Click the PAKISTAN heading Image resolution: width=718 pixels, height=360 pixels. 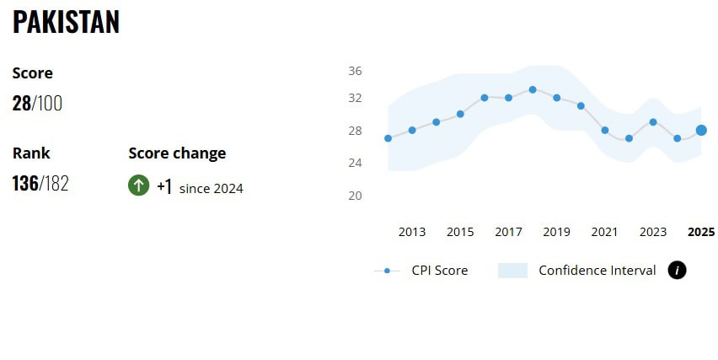[x=66, y=23]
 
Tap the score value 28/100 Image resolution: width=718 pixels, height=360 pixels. [x=37, y=104]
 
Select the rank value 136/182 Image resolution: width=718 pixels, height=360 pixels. [x=40, y=183]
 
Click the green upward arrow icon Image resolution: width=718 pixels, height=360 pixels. [x=138, y=185]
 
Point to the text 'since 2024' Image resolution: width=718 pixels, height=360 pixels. [x=211, y=189]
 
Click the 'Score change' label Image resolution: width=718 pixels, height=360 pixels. [x=177, y=153]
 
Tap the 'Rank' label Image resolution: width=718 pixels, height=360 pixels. [x=31, y=153]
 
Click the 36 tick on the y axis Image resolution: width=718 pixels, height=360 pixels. [x=355, y=71]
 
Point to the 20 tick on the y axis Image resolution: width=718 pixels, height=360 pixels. [x=355, y=196]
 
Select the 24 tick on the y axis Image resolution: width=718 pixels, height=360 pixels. [x=355, y=162]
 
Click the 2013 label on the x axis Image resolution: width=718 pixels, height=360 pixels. [x=412, y=232]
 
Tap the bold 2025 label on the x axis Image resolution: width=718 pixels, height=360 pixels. [x=701, y=232]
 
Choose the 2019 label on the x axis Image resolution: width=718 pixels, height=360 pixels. [x=556, y=232]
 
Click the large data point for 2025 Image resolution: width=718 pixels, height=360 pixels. [x=701, y=130]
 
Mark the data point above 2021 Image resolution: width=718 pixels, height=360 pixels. [x=605, y=130]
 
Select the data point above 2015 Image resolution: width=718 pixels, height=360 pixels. [x=460, y=114]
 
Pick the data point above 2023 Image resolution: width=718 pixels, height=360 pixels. [x=653, y=122]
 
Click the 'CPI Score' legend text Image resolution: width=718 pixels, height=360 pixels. [x=439, y=271]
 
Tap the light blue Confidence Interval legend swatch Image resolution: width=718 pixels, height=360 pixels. [x=512, y=271]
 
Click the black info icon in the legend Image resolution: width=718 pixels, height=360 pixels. [x=677, y=270]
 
